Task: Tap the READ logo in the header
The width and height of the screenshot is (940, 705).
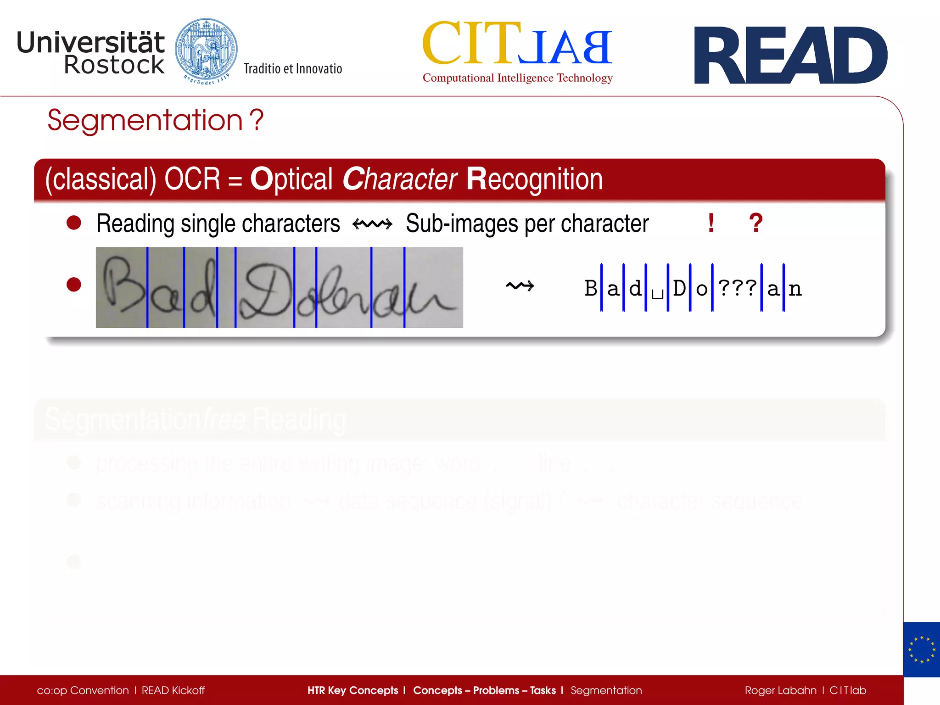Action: click(x=790, y=55)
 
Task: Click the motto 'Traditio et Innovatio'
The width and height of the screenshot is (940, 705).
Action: click(x=293, y=69)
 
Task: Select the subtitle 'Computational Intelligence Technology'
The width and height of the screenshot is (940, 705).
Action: click(x=517, y=78)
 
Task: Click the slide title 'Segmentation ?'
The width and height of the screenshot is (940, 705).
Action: click(x=155, y=120)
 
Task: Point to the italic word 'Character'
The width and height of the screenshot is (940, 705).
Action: click(x=399, y=179)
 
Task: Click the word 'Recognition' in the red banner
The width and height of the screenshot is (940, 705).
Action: click(x=534, y=179)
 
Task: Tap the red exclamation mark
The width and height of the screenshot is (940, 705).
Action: click(x=711, y=223)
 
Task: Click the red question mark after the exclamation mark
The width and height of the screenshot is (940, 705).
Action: click(x=755, y=223)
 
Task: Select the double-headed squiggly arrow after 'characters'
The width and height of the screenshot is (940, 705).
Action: click(x=372, y=224)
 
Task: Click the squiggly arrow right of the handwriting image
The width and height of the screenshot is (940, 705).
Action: click(x=520, y=286)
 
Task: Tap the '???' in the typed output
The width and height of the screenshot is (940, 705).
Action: click(x=737, y=288)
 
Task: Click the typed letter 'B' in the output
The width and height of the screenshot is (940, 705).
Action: click(x=591, y=288)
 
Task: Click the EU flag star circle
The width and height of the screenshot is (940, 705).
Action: click(x=922, y=649)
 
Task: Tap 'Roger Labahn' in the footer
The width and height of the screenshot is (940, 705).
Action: click(x=780, y=690)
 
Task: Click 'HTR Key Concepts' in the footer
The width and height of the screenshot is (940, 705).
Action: click(x=352, y=690)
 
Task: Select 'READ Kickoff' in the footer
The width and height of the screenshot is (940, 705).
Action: click(x=173, y=690)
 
